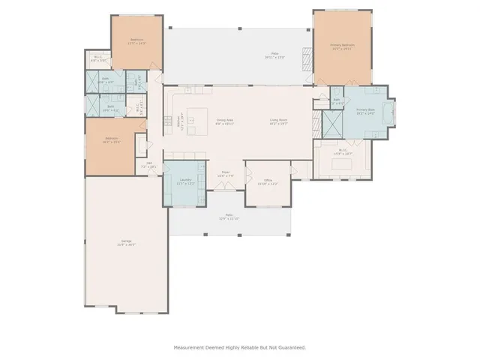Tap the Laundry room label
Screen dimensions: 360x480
[x=184, y=180]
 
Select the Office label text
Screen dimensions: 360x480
[x=268, y=180]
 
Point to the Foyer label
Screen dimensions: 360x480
[x=226, y=175]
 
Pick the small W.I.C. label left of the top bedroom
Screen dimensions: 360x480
[x=97, y=58]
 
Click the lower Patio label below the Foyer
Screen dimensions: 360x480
[x=229, y=217]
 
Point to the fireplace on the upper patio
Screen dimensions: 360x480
[x=304, y=58]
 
